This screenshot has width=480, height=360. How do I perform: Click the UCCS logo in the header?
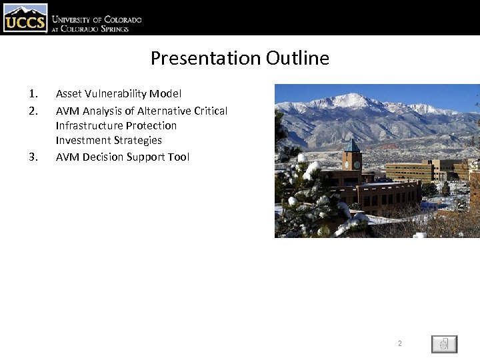(25, 18)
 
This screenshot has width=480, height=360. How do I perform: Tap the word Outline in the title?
(297, 59)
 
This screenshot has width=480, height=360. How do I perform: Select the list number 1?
(33, 94)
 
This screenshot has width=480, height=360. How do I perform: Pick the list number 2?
(33, 111)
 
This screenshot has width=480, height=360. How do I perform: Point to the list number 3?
(33, 157)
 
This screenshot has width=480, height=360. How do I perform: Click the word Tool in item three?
(178, 157)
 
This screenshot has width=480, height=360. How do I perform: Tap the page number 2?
(400, 344)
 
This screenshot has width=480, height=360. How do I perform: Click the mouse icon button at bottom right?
(444, 344)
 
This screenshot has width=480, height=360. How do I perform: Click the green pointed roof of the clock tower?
(351, 145)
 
